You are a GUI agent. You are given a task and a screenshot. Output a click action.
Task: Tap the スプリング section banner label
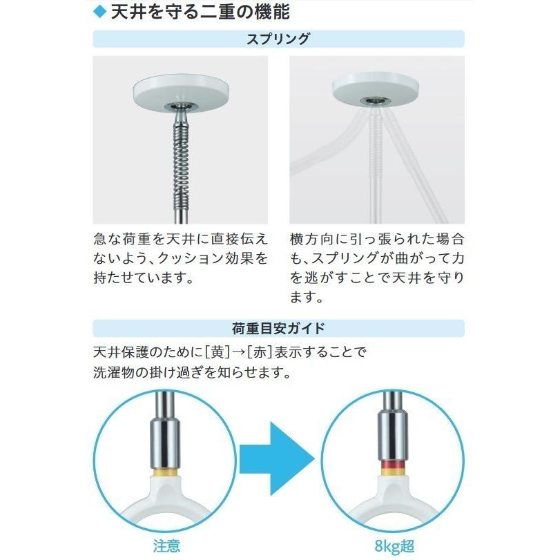[x=278, y=39]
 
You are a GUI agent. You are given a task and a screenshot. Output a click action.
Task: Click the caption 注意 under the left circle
[x=166, y=546]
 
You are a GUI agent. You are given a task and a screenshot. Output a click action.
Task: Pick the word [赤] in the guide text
[x=255, y=351]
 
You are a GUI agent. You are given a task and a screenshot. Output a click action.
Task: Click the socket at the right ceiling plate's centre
[x=376, y=100]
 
